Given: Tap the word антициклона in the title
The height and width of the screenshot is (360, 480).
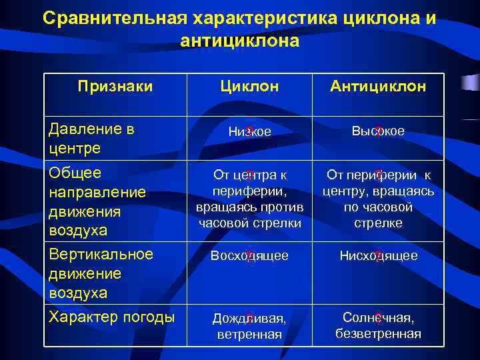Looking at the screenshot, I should (240, 41).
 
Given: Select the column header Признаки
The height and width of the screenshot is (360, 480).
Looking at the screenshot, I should (115, 87).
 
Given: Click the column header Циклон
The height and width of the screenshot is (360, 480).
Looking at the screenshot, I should (250, 87).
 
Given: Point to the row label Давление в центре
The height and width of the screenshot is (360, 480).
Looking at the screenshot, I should (93, 138).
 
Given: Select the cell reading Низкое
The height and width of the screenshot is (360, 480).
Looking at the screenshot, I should (250, 132).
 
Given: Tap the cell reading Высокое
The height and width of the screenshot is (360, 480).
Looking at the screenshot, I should (379, 131).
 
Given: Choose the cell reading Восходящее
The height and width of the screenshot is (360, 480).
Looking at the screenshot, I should (250, 256).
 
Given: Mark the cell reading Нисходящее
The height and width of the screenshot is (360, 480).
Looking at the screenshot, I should (379, 256).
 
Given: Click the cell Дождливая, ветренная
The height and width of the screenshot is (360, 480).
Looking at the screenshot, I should (250, 326).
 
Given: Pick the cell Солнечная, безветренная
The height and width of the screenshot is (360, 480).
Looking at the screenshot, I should (379, 325).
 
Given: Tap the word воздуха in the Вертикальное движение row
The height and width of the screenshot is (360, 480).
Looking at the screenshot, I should (77, 293).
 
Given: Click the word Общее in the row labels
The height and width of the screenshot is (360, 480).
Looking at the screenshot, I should (75, 173).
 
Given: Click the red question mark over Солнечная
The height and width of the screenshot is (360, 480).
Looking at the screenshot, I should (378, 318).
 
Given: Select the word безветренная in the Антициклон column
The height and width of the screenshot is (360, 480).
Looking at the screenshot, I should (379, 333).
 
